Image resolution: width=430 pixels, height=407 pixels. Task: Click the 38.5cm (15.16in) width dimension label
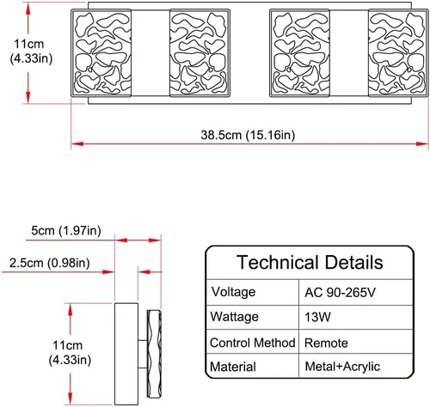[248, 135]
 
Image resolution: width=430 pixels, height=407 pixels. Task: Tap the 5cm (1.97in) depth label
[66, 230]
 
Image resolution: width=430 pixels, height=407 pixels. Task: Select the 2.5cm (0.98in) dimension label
[49, 263]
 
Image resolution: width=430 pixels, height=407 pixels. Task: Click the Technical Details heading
[310, 262]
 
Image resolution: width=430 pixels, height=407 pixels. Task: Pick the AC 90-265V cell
[340, 292]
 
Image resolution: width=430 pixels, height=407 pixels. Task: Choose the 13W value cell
[317, 317]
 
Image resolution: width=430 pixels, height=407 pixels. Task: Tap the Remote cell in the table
[326, 343]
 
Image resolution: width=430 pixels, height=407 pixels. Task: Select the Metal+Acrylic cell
[342, 367]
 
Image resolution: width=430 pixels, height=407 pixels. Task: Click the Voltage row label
[233, 292]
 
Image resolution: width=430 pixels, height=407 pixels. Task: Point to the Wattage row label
[234, 317]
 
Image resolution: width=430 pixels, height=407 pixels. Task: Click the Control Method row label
[252, 343]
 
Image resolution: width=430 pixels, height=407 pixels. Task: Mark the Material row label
[233, 367]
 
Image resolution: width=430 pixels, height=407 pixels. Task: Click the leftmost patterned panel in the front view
[101, 53]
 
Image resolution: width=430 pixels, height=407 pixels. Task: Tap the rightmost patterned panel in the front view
[398, 53]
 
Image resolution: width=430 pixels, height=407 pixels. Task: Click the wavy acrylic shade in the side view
[154, 354]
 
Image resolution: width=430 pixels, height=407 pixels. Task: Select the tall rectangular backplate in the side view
[126, 354]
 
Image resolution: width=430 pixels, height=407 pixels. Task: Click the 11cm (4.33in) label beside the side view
[70, 353]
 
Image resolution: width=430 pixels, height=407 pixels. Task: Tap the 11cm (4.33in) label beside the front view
[31, 52]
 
